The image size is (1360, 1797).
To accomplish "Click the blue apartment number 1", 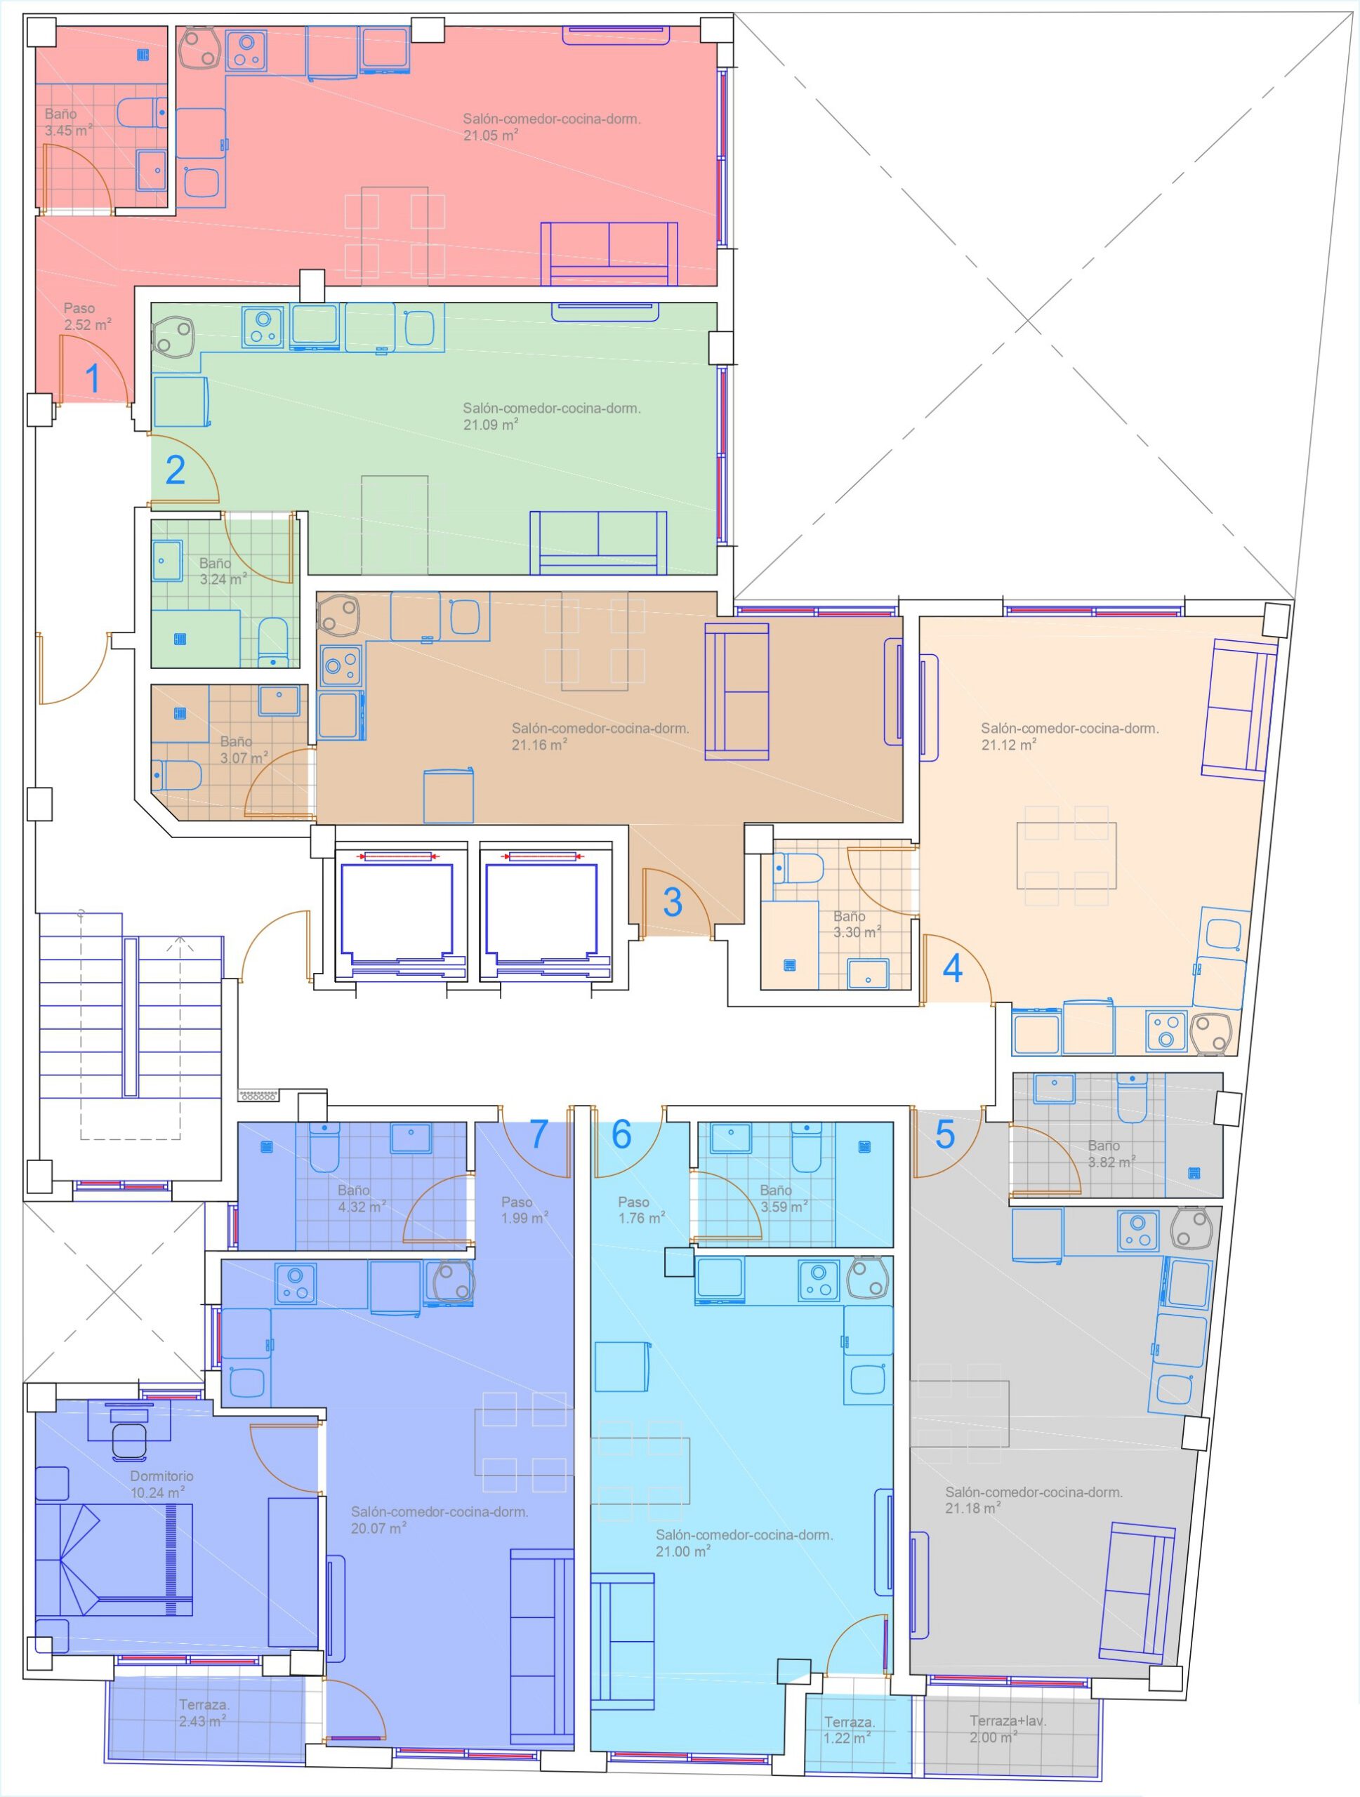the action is point(93,378).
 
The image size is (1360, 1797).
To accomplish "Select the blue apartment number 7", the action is point(539,1135).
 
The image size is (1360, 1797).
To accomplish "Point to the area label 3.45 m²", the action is point(68,130).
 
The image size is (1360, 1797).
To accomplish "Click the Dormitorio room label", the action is point(161,1476).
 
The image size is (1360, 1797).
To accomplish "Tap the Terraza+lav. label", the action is point(1008,1720).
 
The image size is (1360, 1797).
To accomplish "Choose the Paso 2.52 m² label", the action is point(88,317).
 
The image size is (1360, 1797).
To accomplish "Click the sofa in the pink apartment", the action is point(609,253).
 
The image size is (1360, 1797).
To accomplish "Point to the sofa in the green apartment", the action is point(598,543).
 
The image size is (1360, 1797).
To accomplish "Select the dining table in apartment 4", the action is point(1066,856).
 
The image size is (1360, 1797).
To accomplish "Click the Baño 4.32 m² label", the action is point(362,1199).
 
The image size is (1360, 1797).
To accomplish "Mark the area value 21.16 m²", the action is point(539,744).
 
